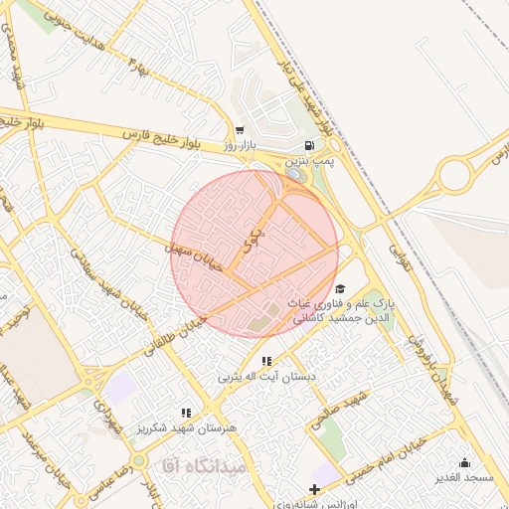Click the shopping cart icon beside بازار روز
point(240,131)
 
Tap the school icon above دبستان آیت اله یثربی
point(265,361)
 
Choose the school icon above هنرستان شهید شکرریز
point(185,412)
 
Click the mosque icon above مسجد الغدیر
point(464,462)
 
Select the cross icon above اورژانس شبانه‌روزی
point(315,489)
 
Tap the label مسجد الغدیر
point(464,478)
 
